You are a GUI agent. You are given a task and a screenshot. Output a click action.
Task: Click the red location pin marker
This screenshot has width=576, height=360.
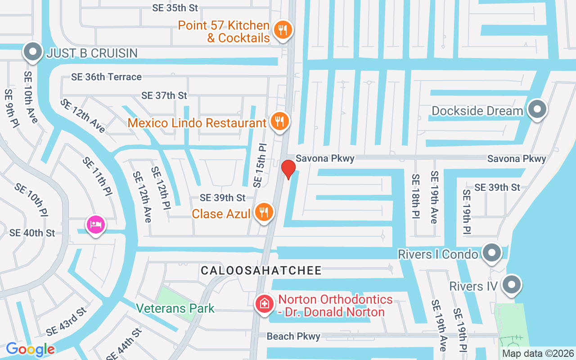click(x=288, y=169)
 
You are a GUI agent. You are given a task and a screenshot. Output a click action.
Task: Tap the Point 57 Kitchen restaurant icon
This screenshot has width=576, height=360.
click(x=283, y=30)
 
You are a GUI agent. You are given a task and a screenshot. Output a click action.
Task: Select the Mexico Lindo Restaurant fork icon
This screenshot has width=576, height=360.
click(x=280, y=121)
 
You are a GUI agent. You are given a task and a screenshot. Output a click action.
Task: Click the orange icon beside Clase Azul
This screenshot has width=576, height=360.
click(x=264, y=212)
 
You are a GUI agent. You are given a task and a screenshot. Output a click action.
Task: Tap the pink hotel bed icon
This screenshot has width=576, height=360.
click(x=95, y=224)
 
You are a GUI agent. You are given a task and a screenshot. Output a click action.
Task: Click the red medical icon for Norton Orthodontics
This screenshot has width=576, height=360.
click(x=265, y=304)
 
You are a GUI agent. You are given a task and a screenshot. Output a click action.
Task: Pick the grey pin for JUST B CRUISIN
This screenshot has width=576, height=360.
click(x=33, y=52)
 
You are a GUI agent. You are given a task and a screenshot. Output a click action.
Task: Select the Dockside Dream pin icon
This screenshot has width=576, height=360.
click(x=536, y=109)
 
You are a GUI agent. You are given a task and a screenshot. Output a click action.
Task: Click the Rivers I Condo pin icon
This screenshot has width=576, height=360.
click(x=491, y=253)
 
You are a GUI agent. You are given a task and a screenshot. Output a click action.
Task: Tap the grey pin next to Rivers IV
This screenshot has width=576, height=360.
click(x=511, y=285)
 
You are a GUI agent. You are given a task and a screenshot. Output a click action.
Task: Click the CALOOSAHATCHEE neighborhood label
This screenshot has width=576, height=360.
click(x=261, y=270)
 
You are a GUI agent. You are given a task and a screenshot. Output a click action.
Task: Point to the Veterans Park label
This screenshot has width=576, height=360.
click(x=175, y=309)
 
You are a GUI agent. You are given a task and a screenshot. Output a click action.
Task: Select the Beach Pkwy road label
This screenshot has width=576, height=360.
click(x=293, y=336)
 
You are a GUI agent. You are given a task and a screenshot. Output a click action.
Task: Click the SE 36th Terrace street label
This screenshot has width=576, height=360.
click(x=106, y=77)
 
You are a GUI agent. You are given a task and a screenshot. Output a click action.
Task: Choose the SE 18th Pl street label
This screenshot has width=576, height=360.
click(x=415, y=197)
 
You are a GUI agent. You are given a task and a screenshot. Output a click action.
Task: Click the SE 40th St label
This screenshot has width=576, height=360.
click(x=32, y=233)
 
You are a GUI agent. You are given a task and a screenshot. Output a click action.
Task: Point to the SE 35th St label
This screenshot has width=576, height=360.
click(x=175, y=8)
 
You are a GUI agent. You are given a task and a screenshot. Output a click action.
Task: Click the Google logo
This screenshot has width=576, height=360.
click(x=30, y=349)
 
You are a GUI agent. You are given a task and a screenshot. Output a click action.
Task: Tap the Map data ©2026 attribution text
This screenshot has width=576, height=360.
click(x=538, y=354)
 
